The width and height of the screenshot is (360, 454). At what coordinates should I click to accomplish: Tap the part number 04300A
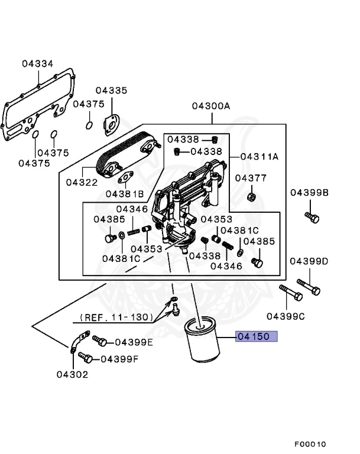tap(210, 106)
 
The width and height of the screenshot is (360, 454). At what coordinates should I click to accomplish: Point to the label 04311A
tap(259, 157)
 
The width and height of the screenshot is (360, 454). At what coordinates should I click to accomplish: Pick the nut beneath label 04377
tap(251, 196)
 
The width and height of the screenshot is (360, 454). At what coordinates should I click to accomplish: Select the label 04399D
tap(309, 261)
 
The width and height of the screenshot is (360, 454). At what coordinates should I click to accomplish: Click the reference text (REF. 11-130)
tap(114, 317)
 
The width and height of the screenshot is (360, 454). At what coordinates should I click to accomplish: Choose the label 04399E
tap(134, 342)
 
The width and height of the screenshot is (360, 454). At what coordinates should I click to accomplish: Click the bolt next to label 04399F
tap(85, 358)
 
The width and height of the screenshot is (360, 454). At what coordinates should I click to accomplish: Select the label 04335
tap(111, 90)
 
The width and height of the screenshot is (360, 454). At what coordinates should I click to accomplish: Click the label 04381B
tap(125, 193)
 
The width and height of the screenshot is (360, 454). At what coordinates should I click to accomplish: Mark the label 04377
tap(251, 178)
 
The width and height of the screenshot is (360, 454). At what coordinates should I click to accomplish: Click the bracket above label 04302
tap(75, 344)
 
